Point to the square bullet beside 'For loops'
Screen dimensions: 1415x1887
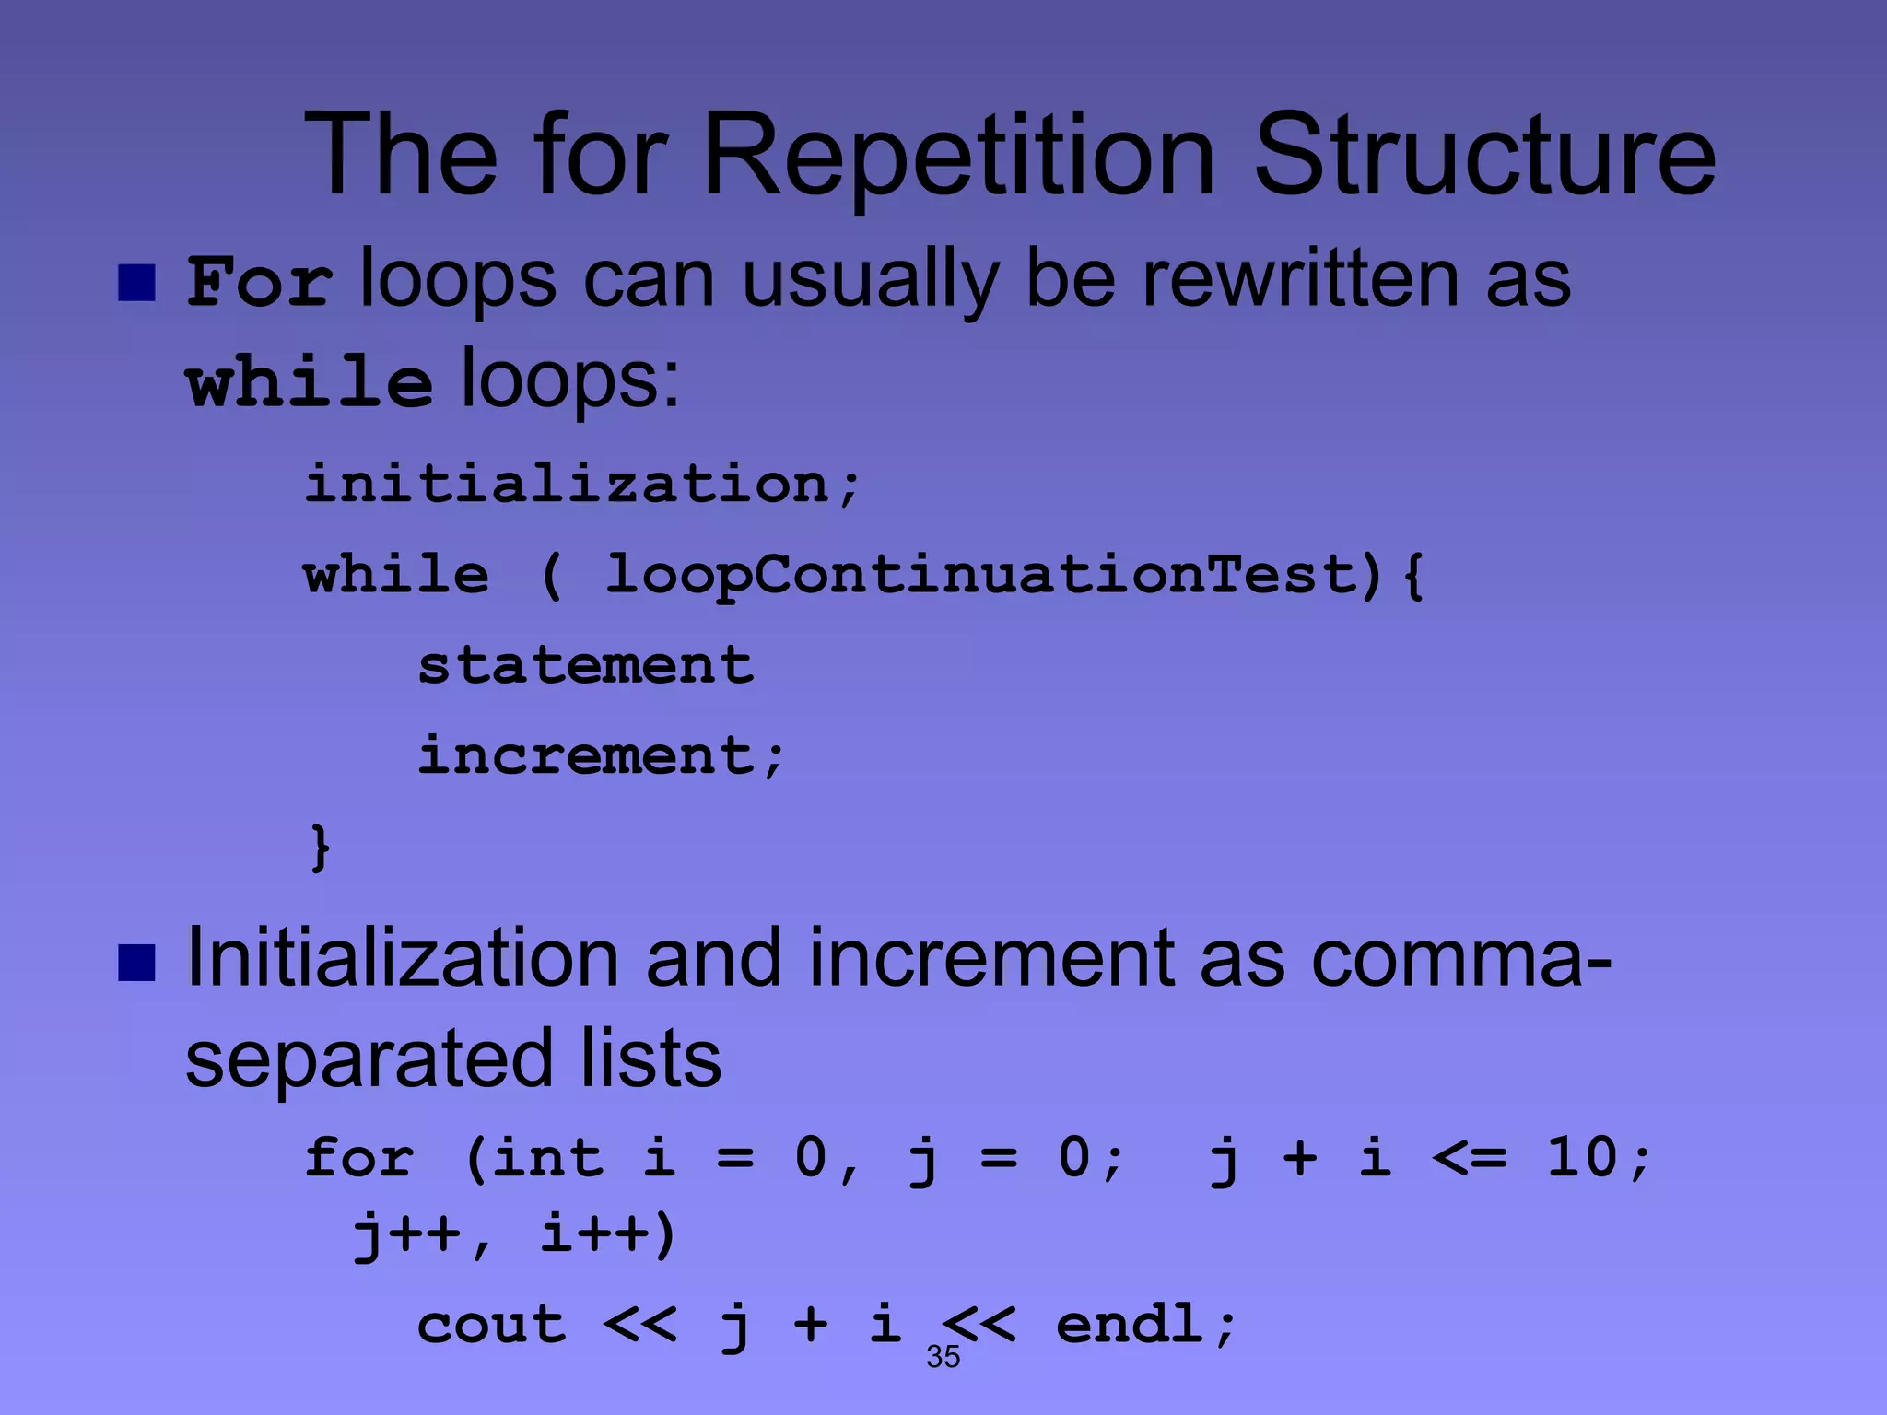tap(136, 284)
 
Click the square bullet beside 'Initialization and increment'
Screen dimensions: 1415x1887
tap(136, 964)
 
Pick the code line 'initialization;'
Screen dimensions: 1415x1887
tap(582, 485)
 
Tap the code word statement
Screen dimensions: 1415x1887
tap(586, 665)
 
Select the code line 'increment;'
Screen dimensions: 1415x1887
tap(601, 756)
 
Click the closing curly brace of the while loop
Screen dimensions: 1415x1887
tap(320, 848)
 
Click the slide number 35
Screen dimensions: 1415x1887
tap(943, 1357)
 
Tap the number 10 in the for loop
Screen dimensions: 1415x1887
tap(1582, 1158)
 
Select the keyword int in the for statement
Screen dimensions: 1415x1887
tap(546, 1158)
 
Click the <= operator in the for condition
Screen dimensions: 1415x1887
tap(1469, 1158)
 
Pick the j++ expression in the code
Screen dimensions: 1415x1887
tap(406, 1234)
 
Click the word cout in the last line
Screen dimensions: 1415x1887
tap(491, 1326)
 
